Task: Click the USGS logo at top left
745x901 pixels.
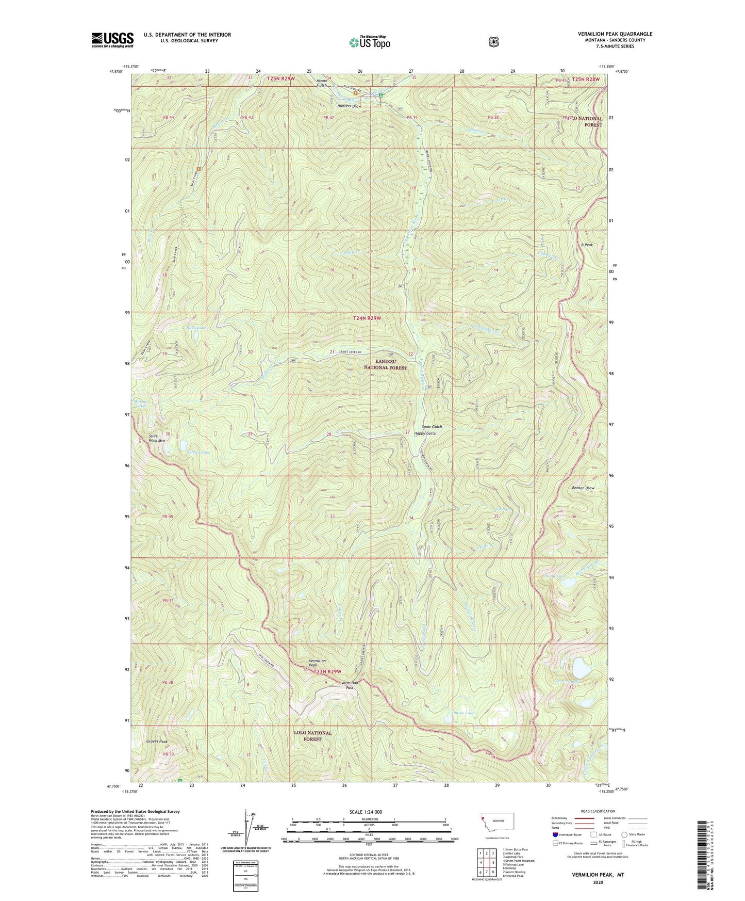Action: (x=112, y=39)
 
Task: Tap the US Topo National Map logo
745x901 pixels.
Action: (x=369, y=42)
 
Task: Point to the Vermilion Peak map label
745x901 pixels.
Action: (x=317, y=663)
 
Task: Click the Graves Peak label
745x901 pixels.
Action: (x=157, y=742)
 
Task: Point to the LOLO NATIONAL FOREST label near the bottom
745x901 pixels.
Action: (x=312, y=736)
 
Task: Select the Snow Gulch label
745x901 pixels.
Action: (x=432, y=427)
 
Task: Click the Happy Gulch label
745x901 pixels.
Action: (x=425, y=433)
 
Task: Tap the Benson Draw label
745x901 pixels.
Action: (x=583, y=488)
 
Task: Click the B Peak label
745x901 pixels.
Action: (x=587, y=245)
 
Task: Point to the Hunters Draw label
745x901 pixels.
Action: (x=349, y=106)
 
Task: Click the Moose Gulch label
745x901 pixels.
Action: (x=322, y=83)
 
